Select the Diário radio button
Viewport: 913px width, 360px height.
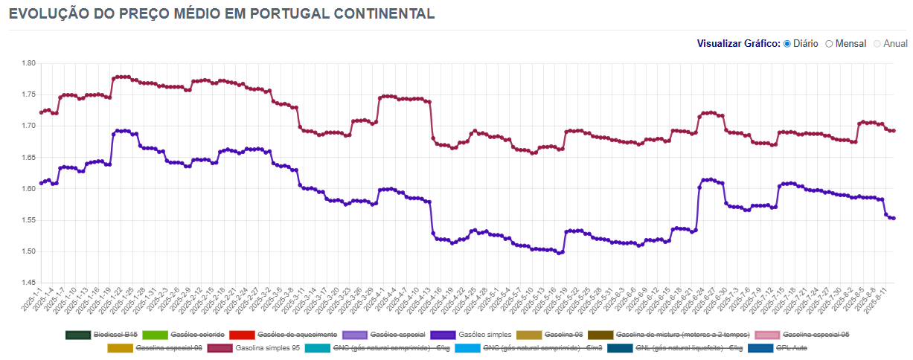[787, 43]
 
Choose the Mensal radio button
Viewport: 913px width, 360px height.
[829, 43]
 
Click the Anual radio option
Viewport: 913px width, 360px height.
[877, 43]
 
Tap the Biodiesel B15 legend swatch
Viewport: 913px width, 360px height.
[77, 335]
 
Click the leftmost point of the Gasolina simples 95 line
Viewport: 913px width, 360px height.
[41, 112]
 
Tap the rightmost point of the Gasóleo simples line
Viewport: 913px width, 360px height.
[893, 218]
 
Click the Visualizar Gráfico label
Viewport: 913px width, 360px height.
[738, 43]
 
